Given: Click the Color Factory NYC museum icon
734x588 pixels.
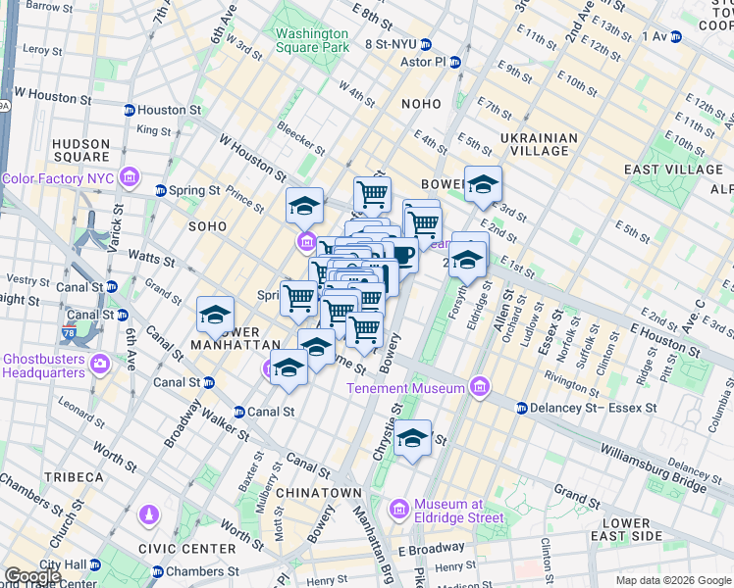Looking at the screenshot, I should coord(130,177).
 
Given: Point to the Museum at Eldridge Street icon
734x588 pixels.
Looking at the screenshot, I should coord(398,510).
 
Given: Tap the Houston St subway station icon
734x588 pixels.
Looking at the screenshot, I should coord(129,111).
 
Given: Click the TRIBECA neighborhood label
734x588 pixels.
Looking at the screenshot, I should coord(73,477).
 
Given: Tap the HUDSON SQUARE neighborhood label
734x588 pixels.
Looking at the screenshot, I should coord(81,150).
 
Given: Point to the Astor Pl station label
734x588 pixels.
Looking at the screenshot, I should coord(423,62).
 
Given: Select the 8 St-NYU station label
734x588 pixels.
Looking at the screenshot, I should coord(394,44).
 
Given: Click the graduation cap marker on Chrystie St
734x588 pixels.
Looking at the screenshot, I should coord(413,437).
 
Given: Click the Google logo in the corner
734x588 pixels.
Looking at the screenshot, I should coord(32,576).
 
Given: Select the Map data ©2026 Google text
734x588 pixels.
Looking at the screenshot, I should coord(672,580).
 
